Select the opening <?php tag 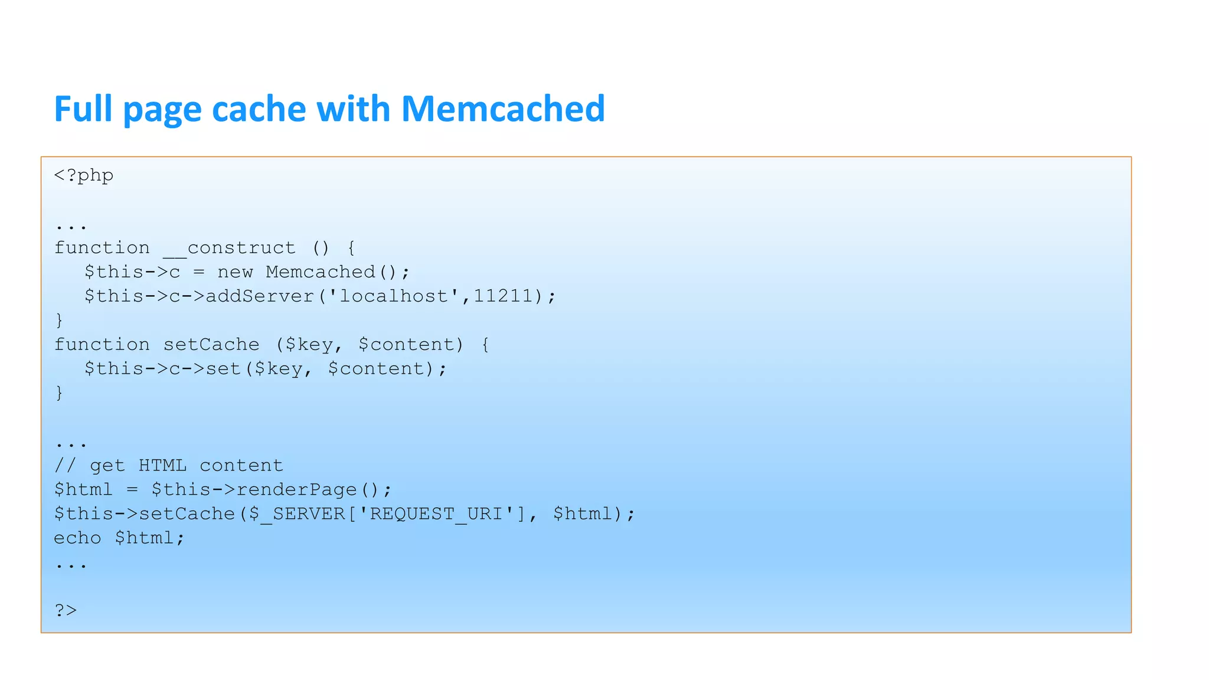click(84, 175)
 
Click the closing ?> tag click(66, 610)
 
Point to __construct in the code click(229, 248)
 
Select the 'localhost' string click(393, 296)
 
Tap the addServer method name click(259, 296)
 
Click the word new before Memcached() click(235, 272)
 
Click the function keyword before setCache click(102, 345)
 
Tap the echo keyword click(77, 538)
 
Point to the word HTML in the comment click(162, 466)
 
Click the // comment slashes click(65, 466)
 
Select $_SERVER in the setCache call click(296, 514)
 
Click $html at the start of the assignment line click(83, 490)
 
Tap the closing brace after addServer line click(59, 321)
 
